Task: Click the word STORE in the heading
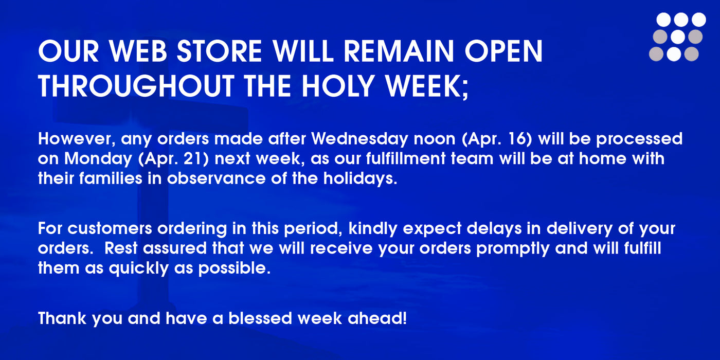tap(220, 51)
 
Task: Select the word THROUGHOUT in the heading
tap(136, 86)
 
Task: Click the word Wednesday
tap(359, 138)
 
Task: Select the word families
tap(111, 178)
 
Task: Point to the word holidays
tap(360, 179)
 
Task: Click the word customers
tap(110, 229)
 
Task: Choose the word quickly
tap(139, 268)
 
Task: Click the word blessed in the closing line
tap(260, 318)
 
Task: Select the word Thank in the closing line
tap(62, 318)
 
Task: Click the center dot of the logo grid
tap(678, 37)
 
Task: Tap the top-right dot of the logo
tap(699, 20)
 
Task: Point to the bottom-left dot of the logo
tap(656, 54)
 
